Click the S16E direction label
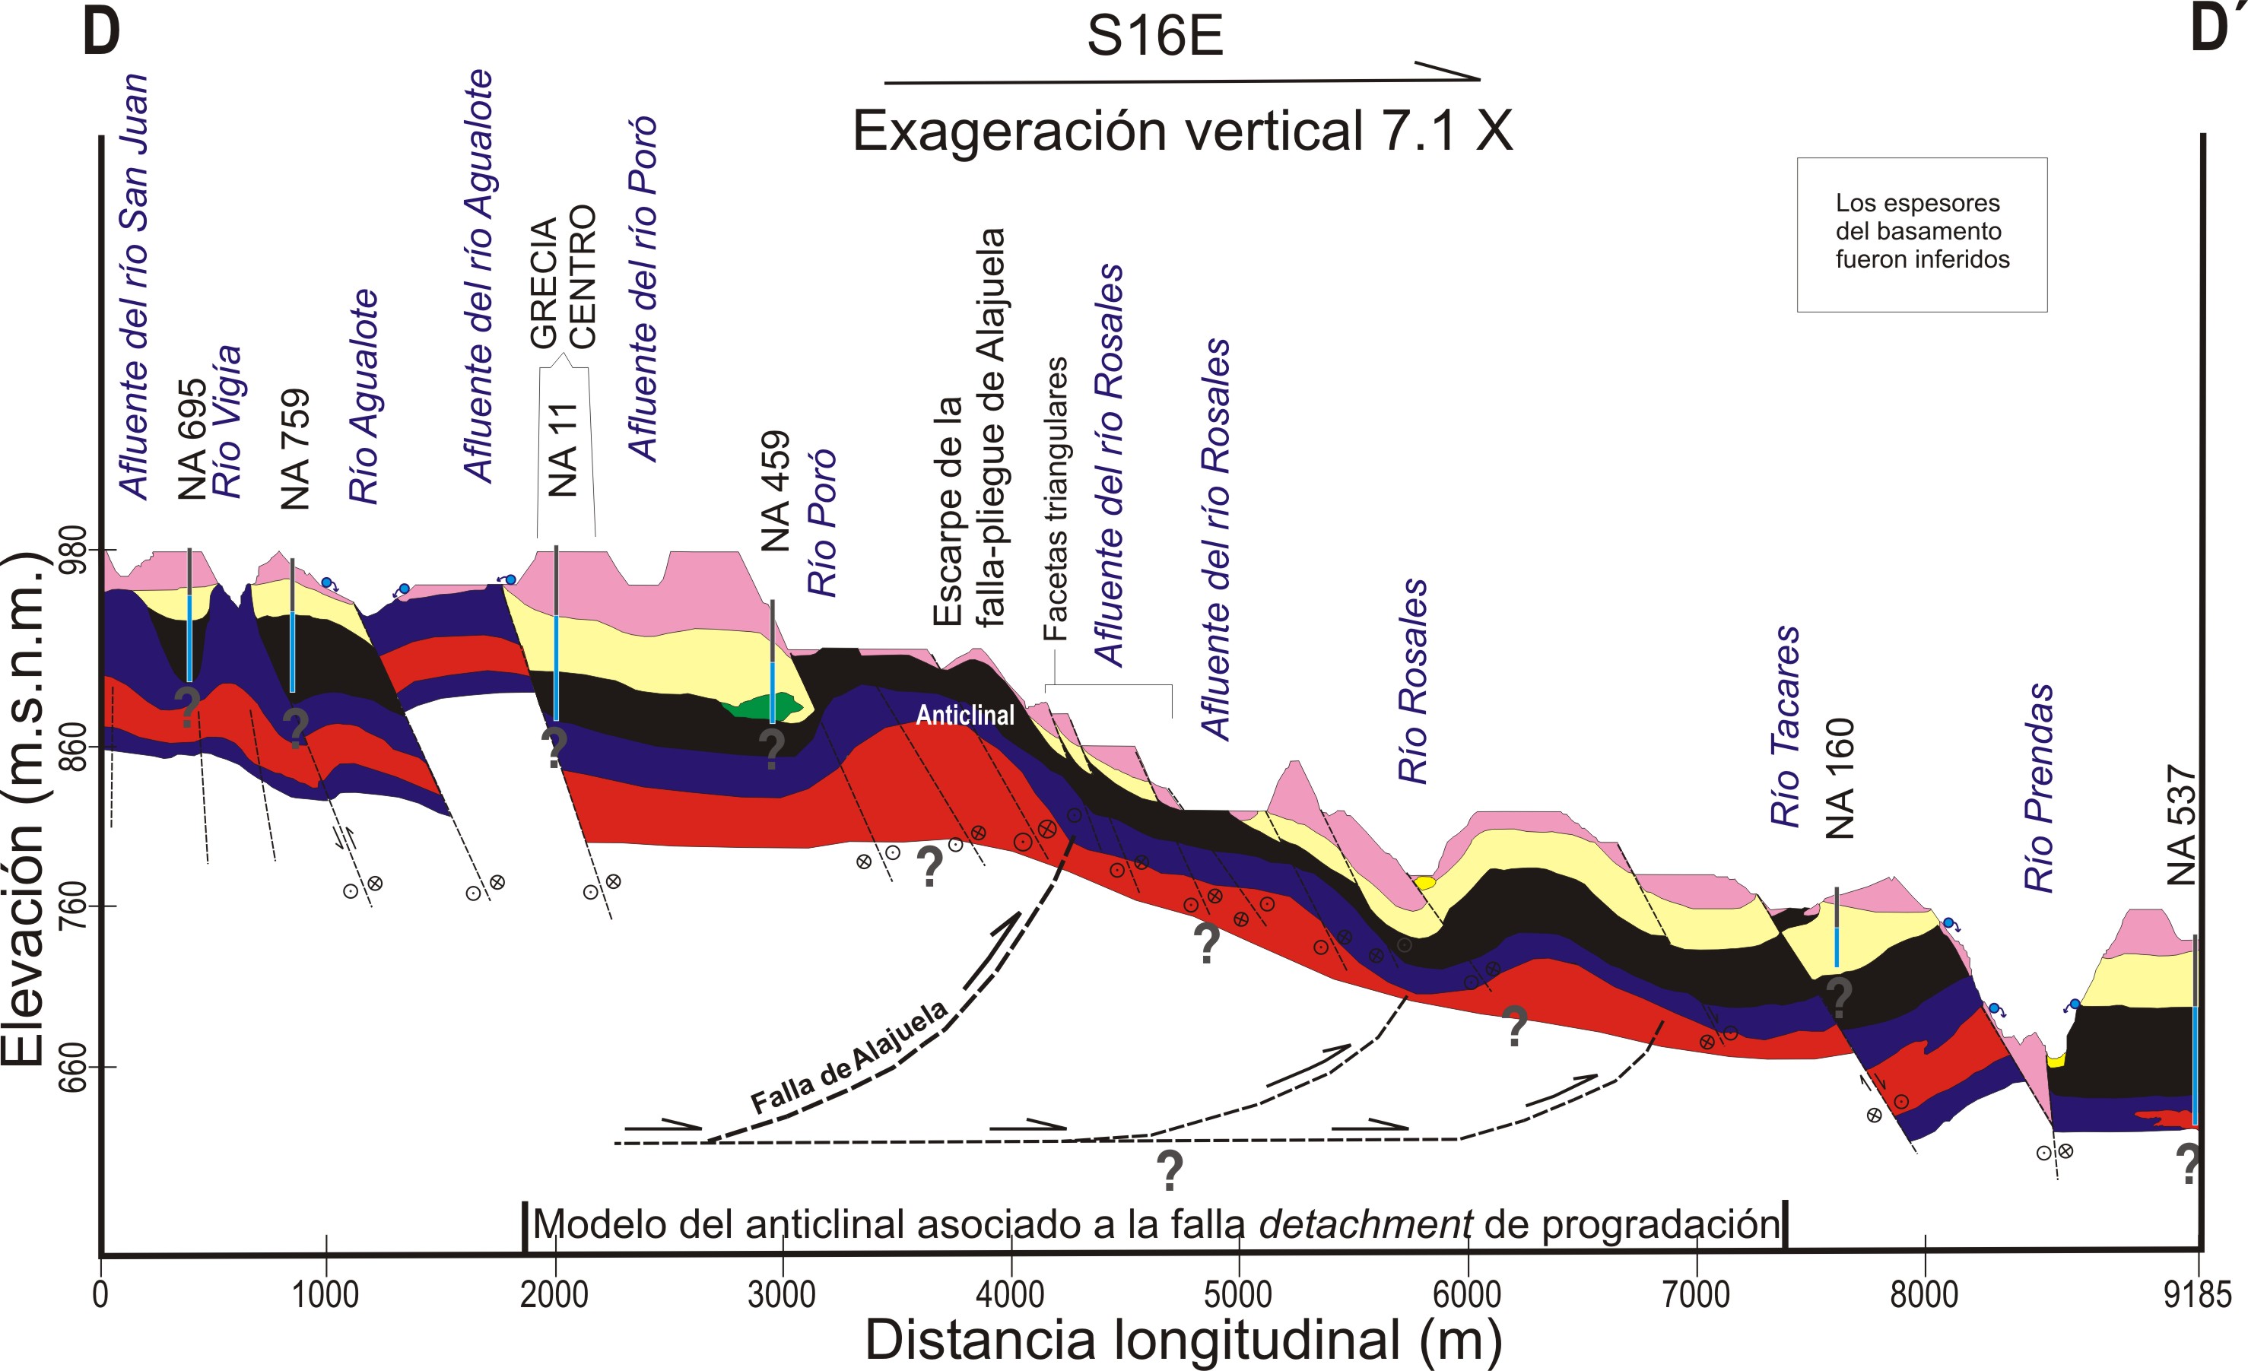click(x=1154, y=36)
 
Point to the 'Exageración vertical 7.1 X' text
click(x=1182, y=132)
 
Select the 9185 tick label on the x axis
click(x=2197, y=1294)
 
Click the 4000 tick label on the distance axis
click(x=1010, y=1294)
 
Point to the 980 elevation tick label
click(x=74, y=549)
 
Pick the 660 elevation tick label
click(x=74, y=1066)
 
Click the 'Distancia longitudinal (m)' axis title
click(x=1183, y=1340)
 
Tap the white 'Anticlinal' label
click(x=964, y=715)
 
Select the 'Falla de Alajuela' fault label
click(x=849, y=1058)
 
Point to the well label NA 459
click(x=775, y=490)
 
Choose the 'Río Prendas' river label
click(x=2039, y=786)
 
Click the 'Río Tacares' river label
click(x=1786, y=726)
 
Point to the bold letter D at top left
click(x=101, y=31)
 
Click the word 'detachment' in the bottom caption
click(x=1365, y=1224)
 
